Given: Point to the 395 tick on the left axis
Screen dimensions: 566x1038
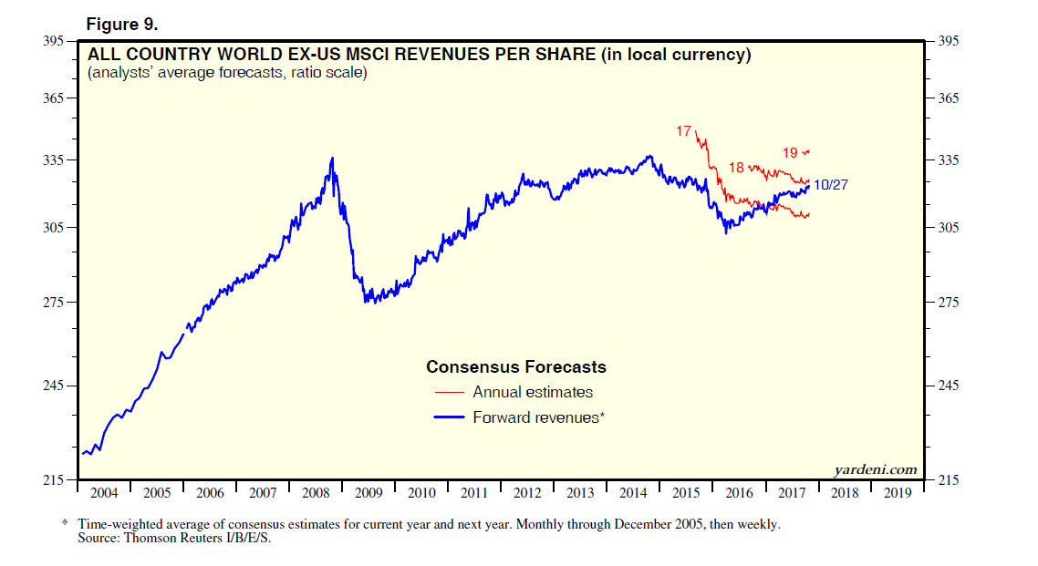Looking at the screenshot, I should click(53, 41).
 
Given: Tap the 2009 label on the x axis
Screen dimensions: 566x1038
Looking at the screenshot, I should click(368, 493).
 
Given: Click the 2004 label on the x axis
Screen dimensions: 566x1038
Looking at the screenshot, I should click(103, 493).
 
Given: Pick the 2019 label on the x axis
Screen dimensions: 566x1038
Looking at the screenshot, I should click(897, 493).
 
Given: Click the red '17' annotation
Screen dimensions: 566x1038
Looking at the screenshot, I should click(683, 131).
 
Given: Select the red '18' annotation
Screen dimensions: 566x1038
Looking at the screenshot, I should click(737, 168).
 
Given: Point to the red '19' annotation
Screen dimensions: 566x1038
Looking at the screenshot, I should click(791, 152).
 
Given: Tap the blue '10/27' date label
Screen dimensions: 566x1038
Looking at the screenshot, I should click(831, 185).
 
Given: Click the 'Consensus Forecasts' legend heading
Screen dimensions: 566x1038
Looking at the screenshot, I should click(516, 367).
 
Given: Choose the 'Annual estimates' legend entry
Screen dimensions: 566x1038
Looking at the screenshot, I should click(533, 393).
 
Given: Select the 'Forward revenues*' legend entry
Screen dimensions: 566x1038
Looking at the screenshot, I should click(539, 417).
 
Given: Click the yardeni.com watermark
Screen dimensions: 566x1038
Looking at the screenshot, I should click(876, 469).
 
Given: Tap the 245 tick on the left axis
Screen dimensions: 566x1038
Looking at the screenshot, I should click(53, 386).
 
